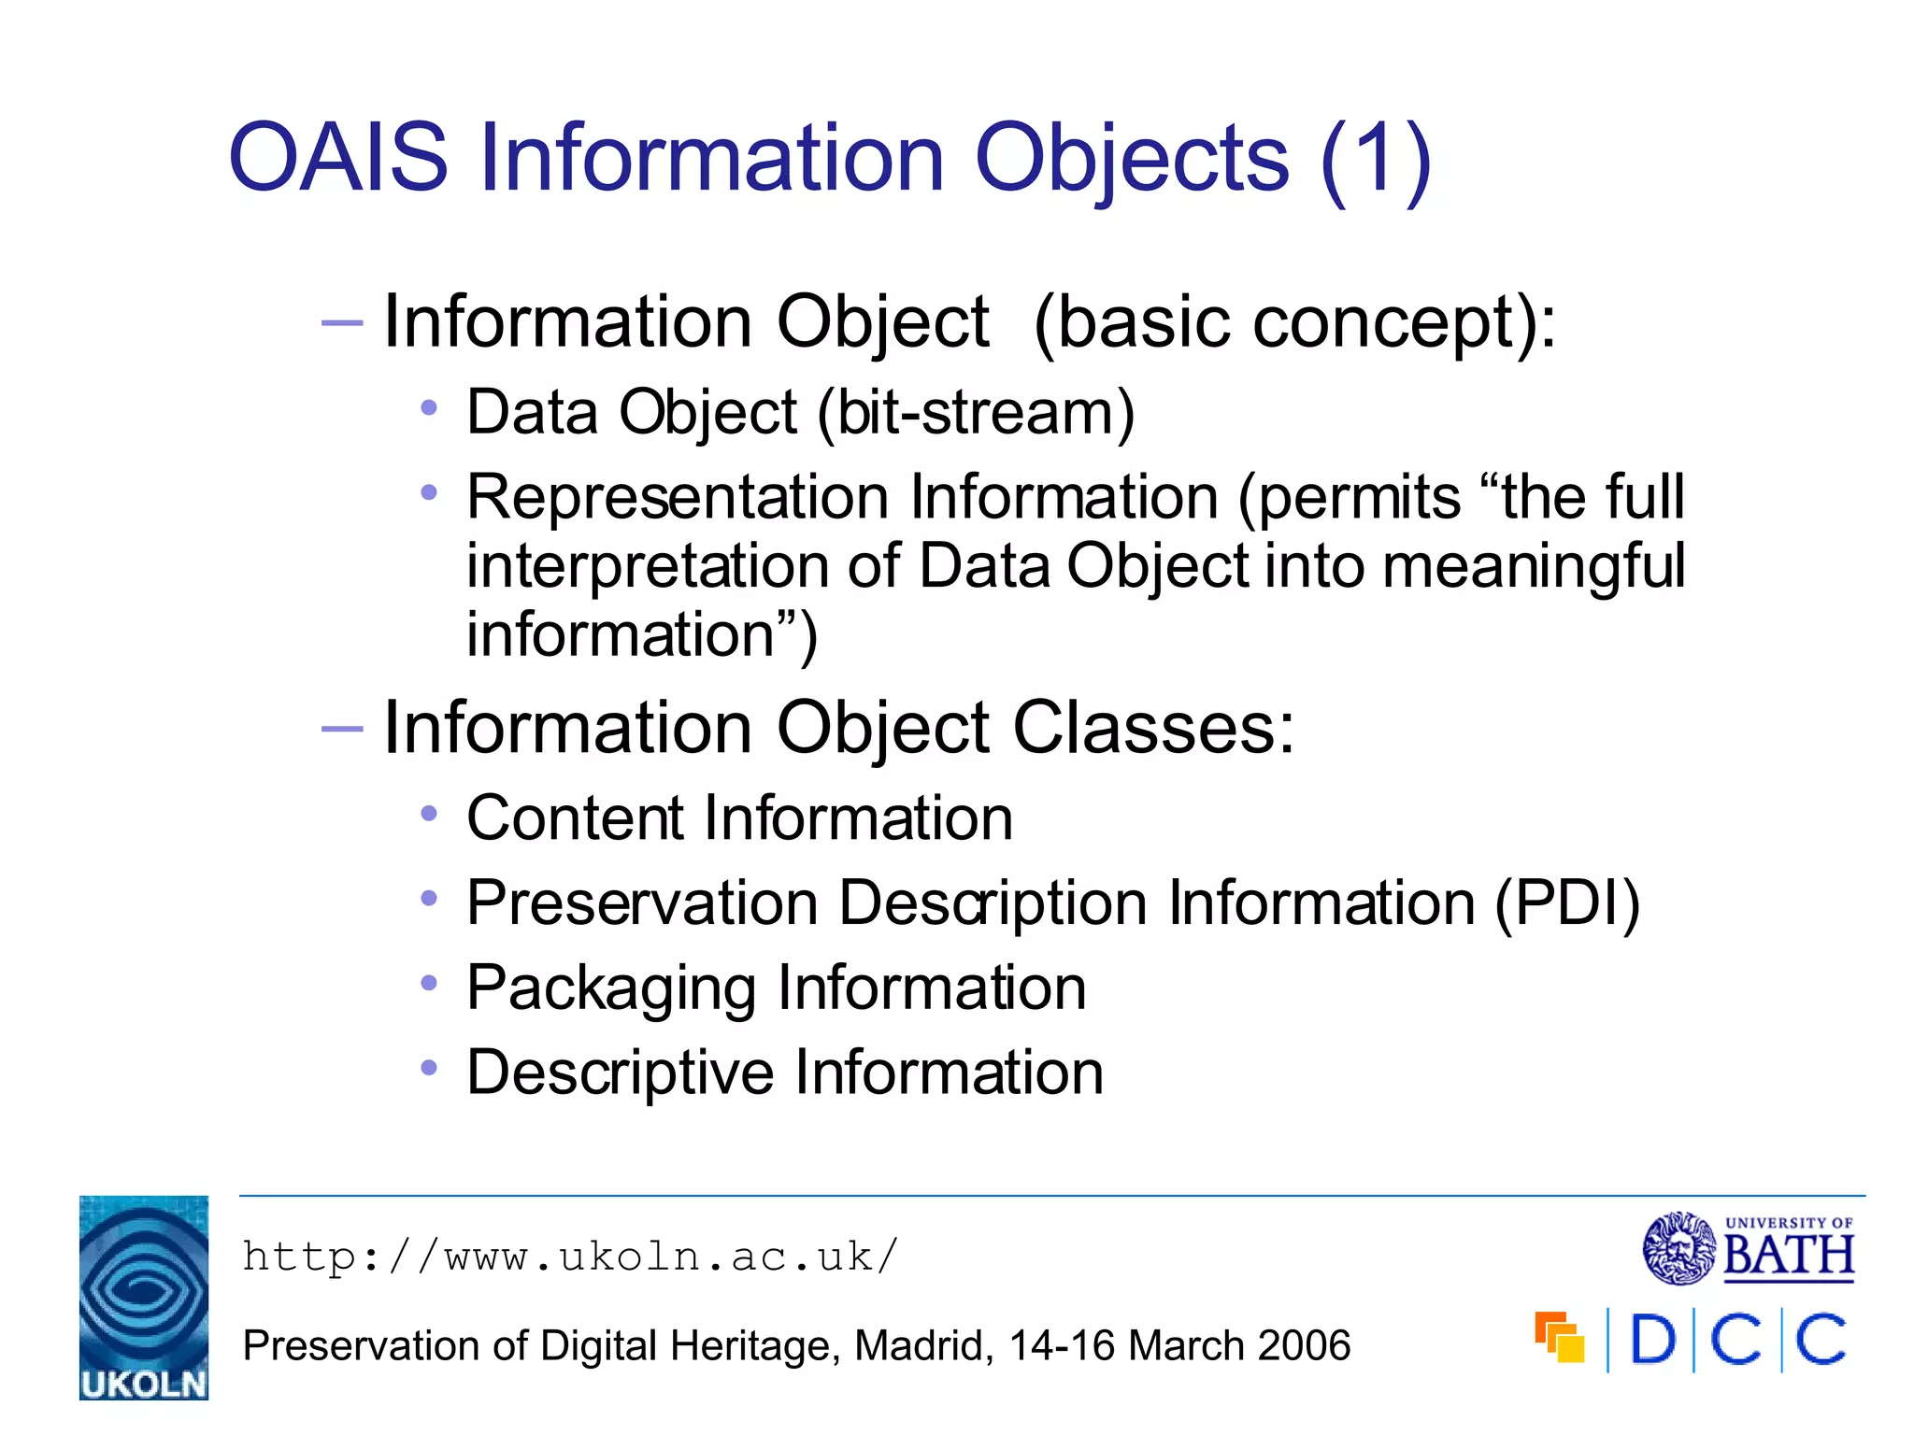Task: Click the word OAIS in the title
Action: (x=338, y=159)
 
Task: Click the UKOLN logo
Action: (x=144, y=1297)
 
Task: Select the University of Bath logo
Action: (x=1748, y=1248)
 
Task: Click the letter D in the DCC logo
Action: (x=1652, y=1340)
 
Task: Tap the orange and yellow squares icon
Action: (x=1559, y=1337)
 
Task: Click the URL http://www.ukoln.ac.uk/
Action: (x=570, y=1257)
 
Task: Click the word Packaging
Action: (x=611, y=988)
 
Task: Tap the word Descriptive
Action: (x=621, y=1073)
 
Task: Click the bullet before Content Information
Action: (x=429, y=814)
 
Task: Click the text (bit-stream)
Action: (x=976, y=412)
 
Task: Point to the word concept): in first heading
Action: (x=1402, y=322)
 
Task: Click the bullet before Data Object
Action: (x=429, y=407)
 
